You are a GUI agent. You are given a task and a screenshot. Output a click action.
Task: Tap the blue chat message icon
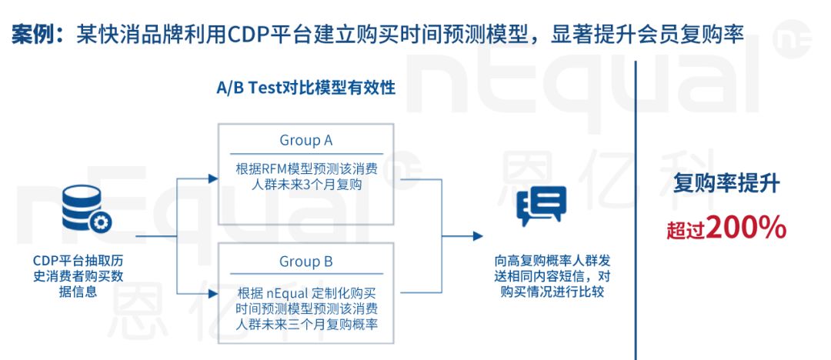(x=541, y=205)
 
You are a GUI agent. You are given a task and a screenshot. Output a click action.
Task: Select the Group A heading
(x=305, y=141)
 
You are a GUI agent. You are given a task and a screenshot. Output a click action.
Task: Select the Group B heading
(x=305, y=262)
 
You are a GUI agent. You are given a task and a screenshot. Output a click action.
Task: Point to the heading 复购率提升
(x=726, y=183)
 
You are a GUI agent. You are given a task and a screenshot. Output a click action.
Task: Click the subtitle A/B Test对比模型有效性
(x=305, y=88)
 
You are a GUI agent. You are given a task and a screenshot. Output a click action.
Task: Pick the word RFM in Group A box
(x=275, y=169)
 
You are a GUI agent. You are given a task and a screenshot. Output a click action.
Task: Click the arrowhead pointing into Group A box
(x=213, y=178)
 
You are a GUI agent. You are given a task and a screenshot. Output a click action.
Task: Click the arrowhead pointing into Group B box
(x=213, y=292)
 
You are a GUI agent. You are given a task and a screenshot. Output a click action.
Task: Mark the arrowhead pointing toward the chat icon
(x=478, y=236)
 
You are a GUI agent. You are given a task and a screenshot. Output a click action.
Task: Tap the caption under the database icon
(x=78, y=276)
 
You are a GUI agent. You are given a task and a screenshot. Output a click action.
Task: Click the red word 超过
(x=686, y=232)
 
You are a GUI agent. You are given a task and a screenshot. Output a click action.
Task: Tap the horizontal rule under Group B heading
(x=305, y=274)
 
